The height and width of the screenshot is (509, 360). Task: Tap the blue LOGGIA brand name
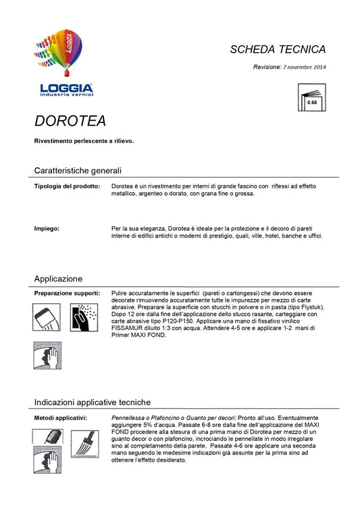[66, 88]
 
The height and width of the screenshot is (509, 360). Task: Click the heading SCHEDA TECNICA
[278, 49]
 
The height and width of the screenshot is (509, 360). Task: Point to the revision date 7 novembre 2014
[303, 68]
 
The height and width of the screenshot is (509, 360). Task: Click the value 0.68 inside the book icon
[312, 103]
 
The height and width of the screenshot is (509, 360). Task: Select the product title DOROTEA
[70, 121]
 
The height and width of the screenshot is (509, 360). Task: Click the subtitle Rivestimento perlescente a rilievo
[84, 141]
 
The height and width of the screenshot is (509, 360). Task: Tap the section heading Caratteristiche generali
[78, 170]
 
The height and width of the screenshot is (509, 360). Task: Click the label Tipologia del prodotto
[68, 186]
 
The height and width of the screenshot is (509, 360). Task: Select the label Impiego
[47, 228]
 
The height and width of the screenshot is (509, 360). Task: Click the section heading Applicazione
[58, 278]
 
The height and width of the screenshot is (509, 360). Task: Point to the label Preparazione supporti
[68, 294]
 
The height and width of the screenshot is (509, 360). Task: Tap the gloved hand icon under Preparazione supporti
[48, 355]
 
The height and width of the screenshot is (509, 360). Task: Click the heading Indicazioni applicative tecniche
[93, 402]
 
